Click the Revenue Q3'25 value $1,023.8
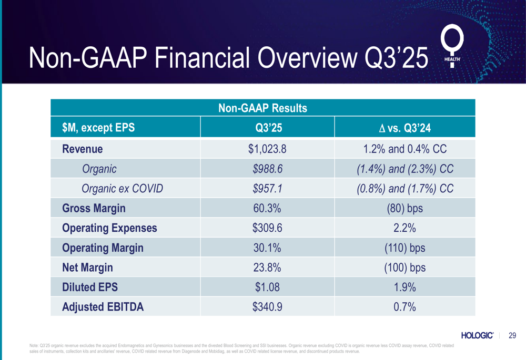click(267, 149)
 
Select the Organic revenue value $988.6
click(267, 169)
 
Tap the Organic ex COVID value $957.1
click(267, 189)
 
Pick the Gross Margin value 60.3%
click(267, 208)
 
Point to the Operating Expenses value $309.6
click(267, 228)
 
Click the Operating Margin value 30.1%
click(267, 248)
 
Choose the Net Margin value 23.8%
click(267, 268)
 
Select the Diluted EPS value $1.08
click(267, 287)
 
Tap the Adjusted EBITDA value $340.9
click(267, 307)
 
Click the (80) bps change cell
click(404, 208)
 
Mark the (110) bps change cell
click(404, 248)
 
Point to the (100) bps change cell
click(404, 268)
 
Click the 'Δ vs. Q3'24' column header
click(404, 127)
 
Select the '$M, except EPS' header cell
click(98, 127)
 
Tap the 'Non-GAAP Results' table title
click(262, 108)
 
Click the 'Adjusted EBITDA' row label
click(103, 307)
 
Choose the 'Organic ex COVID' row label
click(122, 189)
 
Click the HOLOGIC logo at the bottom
click(477, 335)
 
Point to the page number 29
click(512, 335)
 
